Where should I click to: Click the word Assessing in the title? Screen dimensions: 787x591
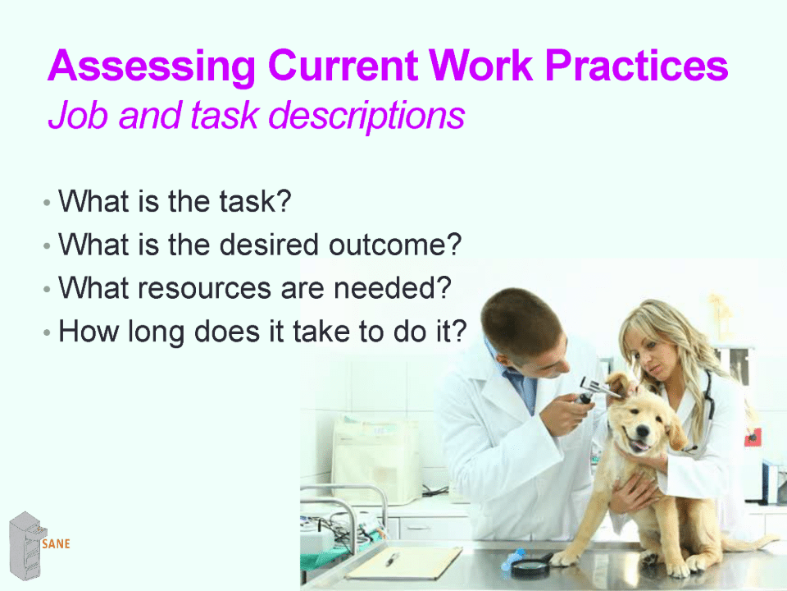point(152,66)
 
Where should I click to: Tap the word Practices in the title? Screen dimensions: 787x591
point(636,65)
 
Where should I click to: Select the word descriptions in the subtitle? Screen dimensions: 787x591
point(367,116)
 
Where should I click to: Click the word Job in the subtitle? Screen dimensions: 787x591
point(78,115)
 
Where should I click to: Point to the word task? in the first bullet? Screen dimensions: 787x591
point(255,202)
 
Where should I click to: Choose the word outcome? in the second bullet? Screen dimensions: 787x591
point(395,245)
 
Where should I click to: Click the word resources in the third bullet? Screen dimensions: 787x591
point(205,288)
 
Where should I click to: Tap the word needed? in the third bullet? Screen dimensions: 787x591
point(393,288)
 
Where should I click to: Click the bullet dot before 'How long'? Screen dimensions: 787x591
point(47,332)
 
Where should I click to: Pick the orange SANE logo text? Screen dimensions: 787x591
point(57,543)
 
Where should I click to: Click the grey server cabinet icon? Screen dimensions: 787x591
point(26,545)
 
